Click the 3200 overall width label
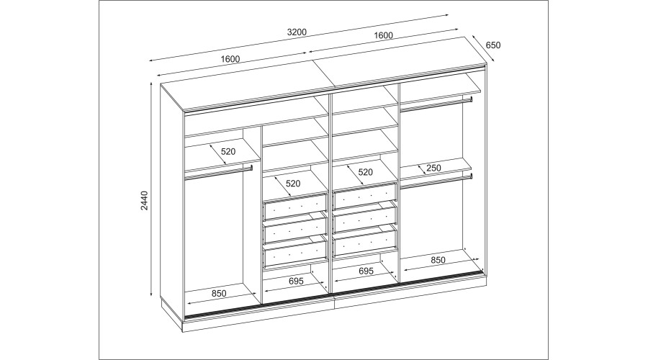[x=297, y=32]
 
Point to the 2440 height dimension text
[x=144, y=200]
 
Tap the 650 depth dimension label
[x=493, y=45]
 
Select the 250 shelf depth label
[x=433, y=168]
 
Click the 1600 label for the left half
[x=230, y=59]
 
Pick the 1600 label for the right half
[x=384, y=35]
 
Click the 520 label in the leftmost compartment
[x=228, y=151]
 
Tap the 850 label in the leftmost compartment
[x=219, y=294]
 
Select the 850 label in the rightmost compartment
[x=438, y=260]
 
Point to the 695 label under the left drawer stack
[x=296, y=282]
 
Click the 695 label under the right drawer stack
[x=366, y=271]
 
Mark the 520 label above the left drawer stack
[x=293, y=183]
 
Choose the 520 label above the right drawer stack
[x=365, y=171]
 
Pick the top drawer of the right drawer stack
[x=365, y=194]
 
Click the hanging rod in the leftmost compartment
[x=218, y=173]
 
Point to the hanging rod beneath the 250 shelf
[x=436, y=182]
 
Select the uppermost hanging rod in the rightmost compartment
[x=436, y=104]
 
